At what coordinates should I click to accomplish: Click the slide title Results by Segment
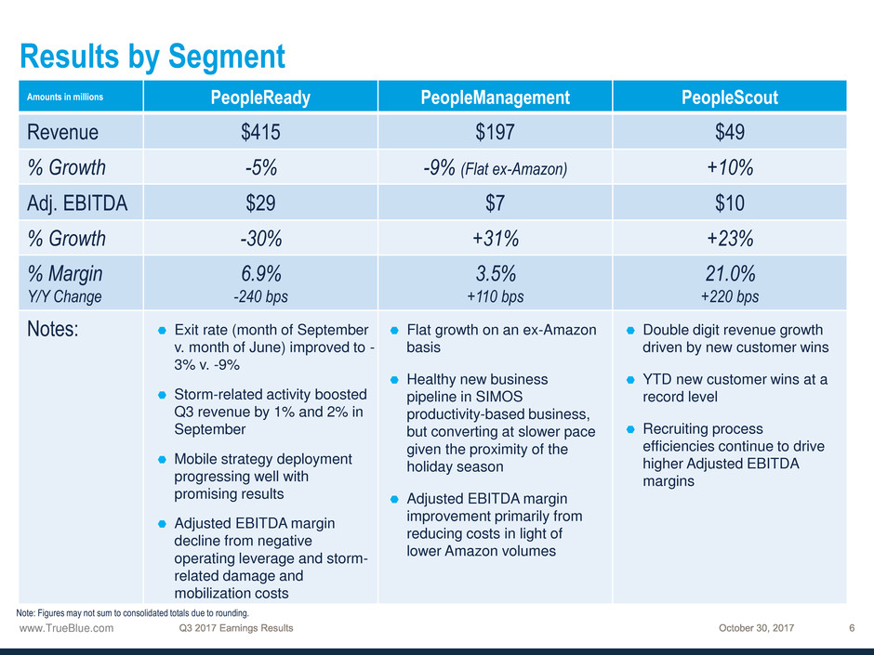(x=152, y=58)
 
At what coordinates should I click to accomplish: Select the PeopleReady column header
(x=260, y=97)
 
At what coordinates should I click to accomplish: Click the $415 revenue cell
(x=260, y=132)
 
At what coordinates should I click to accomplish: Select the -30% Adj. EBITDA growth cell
(x=260, y=238)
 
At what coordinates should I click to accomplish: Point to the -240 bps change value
(x=260, y=297)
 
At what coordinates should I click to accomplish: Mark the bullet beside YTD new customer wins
(x=630, y=379)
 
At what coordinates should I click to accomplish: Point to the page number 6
(x=852, y=628)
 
